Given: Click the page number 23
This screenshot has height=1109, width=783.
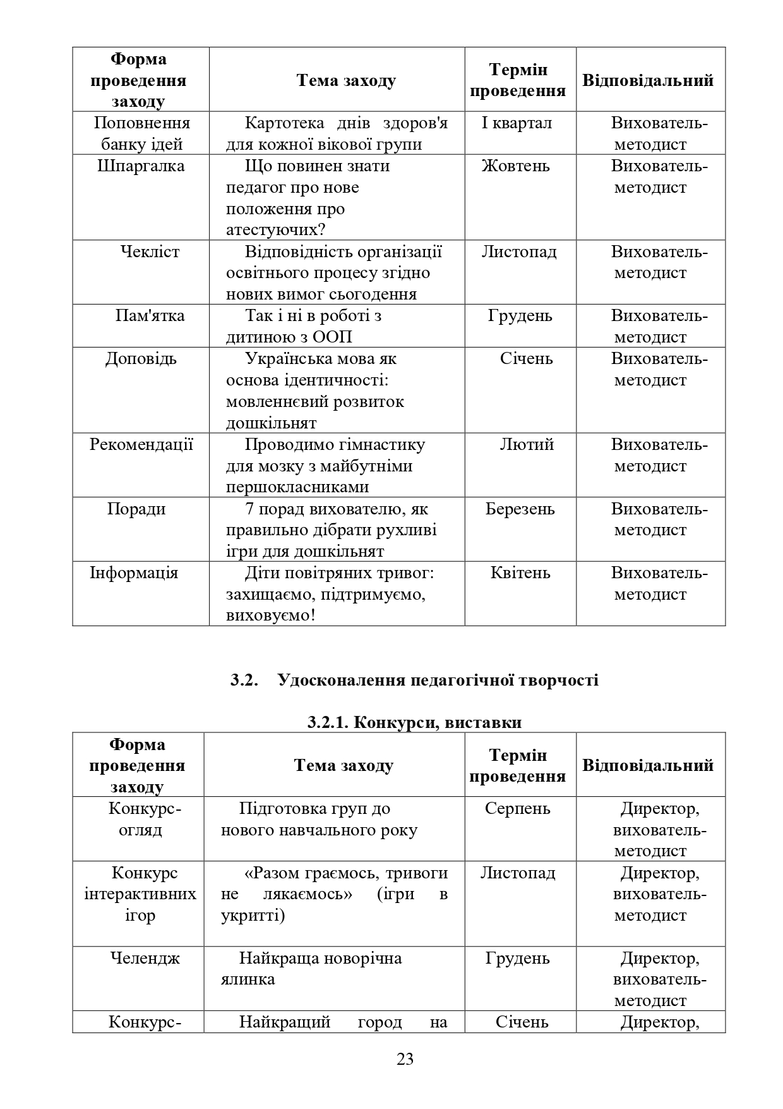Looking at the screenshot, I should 405,1059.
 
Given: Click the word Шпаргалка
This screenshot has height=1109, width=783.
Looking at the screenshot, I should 141,166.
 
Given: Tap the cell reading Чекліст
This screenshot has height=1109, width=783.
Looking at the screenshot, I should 150,252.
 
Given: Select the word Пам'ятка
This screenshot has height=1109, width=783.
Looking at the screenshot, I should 150,316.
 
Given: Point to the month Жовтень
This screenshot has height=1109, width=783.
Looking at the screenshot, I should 515,166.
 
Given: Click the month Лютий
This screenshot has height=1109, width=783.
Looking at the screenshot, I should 527,445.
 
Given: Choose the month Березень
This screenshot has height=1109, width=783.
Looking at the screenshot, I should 520,509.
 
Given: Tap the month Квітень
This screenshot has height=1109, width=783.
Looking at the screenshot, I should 520,573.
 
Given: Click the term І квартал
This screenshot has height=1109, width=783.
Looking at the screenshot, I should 516,123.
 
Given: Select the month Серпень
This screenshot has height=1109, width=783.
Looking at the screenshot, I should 517,809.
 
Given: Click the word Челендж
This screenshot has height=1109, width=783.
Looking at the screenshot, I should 145,959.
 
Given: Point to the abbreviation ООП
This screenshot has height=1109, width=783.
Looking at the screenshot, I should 332,337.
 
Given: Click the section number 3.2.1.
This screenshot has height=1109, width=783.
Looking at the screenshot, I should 328,722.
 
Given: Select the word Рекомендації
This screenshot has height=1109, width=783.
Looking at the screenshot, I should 141,445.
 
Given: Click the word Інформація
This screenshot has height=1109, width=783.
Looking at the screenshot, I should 134,573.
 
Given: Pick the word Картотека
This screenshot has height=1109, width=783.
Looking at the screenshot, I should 284,123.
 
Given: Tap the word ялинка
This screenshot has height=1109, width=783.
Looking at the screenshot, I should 248,980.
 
